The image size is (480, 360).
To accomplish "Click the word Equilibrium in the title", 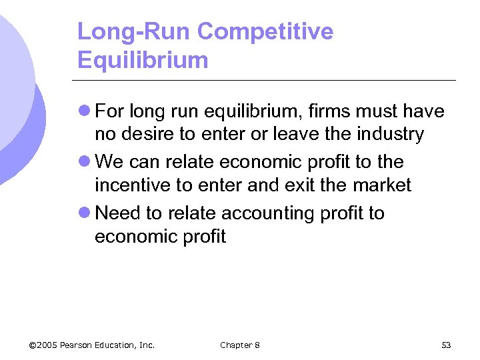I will click(143, 61).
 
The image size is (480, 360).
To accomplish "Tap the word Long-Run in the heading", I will click(135, 31).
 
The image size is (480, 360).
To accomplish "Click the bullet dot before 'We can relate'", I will click(85, 162).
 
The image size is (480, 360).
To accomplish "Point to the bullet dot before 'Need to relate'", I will click(85, 213).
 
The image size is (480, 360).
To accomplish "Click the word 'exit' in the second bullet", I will click(302, 185).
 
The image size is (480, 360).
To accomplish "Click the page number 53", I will click(446, 345).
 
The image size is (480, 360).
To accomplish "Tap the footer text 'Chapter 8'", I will click(240, 345).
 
